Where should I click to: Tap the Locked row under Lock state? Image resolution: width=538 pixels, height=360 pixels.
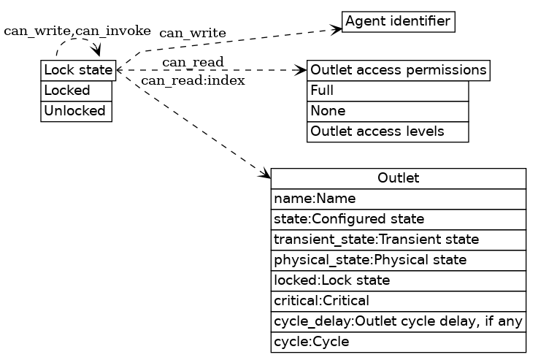click(x=77, y=91)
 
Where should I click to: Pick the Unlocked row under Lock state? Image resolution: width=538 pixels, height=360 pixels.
click(x=77, y=111)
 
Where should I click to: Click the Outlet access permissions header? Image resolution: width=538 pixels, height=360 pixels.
click(x=398, y=70)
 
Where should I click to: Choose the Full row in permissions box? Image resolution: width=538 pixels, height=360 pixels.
click(x=388, y=91)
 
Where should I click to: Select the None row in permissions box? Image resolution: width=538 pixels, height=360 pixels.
click(x=388, y=111)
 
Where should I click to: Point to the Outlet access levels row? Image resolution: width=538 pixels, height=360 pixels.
click(x=388, y=131)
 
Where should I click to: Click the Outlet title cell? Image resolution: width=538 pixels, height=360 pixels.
click(x=398, y=178)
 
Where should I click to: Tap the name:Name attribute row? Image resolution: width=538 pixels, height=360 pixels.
click(x=398, y=199)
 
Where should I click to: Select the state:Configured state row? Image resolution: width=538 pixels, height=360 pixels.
click(x=398, y=219)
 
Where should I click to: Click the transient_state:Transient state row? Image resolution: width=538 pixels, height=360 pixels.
click(x=398, y=240)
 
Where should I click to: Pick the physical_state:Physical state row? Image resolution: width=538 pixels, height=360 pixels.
click(x=398, y=260)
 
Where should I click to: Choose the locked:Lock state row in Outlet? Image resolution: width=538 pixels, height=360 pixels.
click(x=398, y=280)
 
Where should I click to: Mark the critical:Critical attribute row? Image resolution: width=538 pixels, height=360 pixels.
click(x=398, y=301)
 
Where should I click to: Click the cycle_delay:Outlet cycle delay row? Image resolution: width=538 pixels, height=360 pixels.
click(x=398, y=321)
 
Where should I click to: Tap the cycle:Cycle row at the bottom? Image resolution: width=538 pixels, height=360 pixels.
click(x=398, y=342)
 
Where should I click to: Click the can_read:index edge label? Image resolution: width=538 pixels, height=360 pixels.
click(x=193, y=80)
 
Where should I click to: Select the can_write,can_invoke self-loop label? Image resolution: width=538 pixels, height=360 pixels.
click(x=77, y=31)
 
